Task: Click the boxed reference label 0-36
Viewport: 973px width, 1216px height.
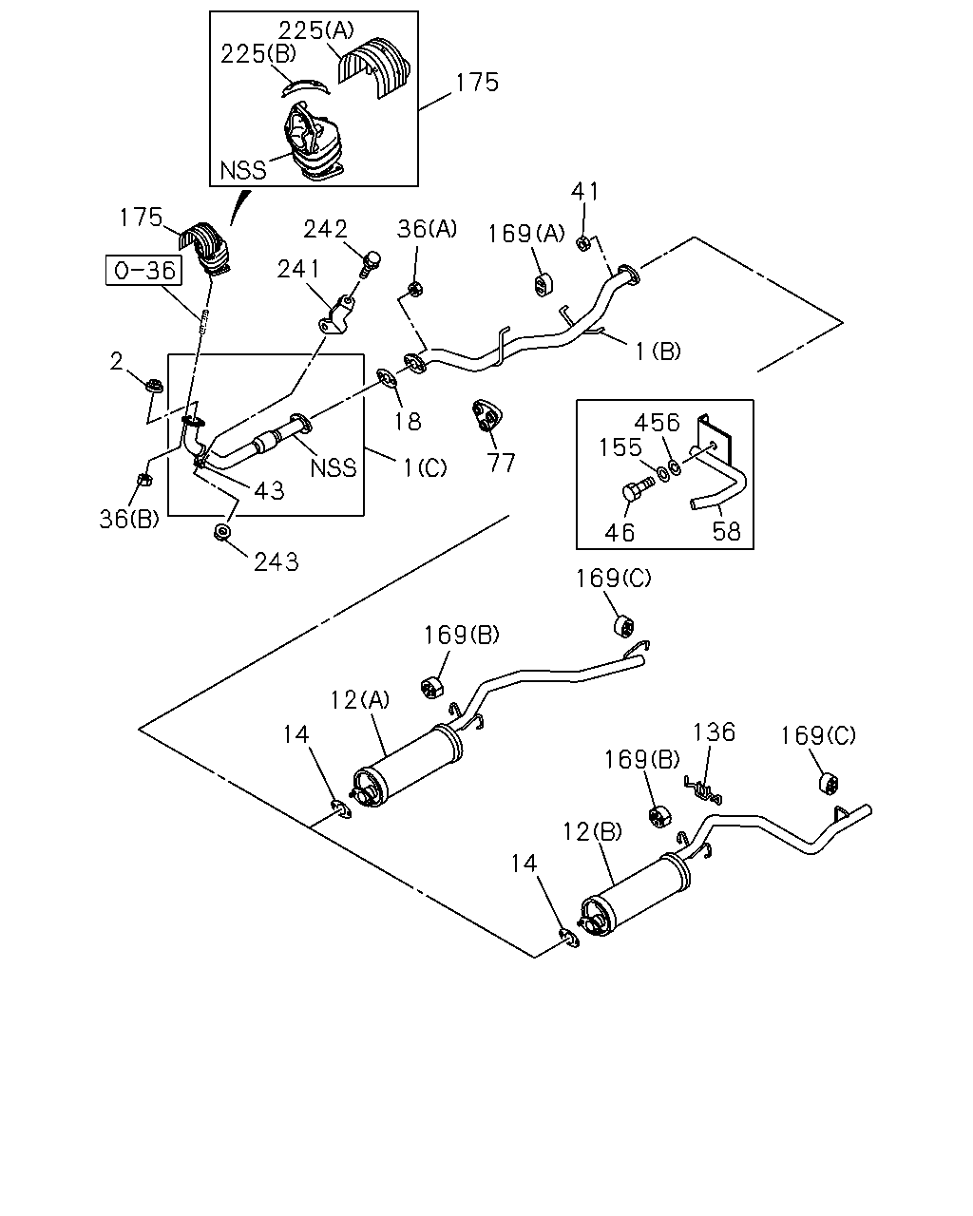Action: coord(144,271)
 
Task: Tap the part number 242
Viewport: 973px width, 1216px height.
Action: coord(325,229)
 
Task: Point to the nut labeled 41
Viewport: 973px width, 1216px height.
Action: coord(582,243)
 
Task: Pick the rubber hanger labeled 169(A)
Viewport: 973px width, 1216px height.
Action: coord(543,284)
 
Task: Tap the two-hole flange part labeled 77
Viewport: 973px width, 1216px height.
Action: coord(486,415)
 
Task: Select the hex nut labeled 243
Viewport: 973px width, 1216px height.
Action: coord(221,532)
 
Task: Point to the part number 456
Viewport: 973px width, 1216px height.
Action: coord(657,422)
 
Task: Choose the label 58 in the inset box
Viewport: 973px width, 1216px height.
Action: coord(726,531)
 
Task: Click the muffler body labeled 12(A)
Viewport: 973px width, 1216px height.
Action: coord(407,766)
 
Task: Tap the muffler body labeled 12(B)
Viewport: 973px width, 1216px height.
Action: coord(636,895)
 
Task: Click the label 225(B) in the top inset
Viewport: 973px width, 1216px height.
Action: coord(258,54)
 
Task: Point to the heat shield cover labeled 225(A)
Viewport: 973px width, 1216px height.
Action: coord(373,67)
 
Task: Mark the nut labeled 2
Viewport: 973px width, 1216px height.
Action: coord(154,387)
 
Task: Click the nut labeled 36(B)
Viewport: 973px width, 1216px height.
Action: coord(143,481)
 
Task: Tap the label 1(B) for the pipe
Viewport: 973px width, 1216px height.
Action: coord(658,351)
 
